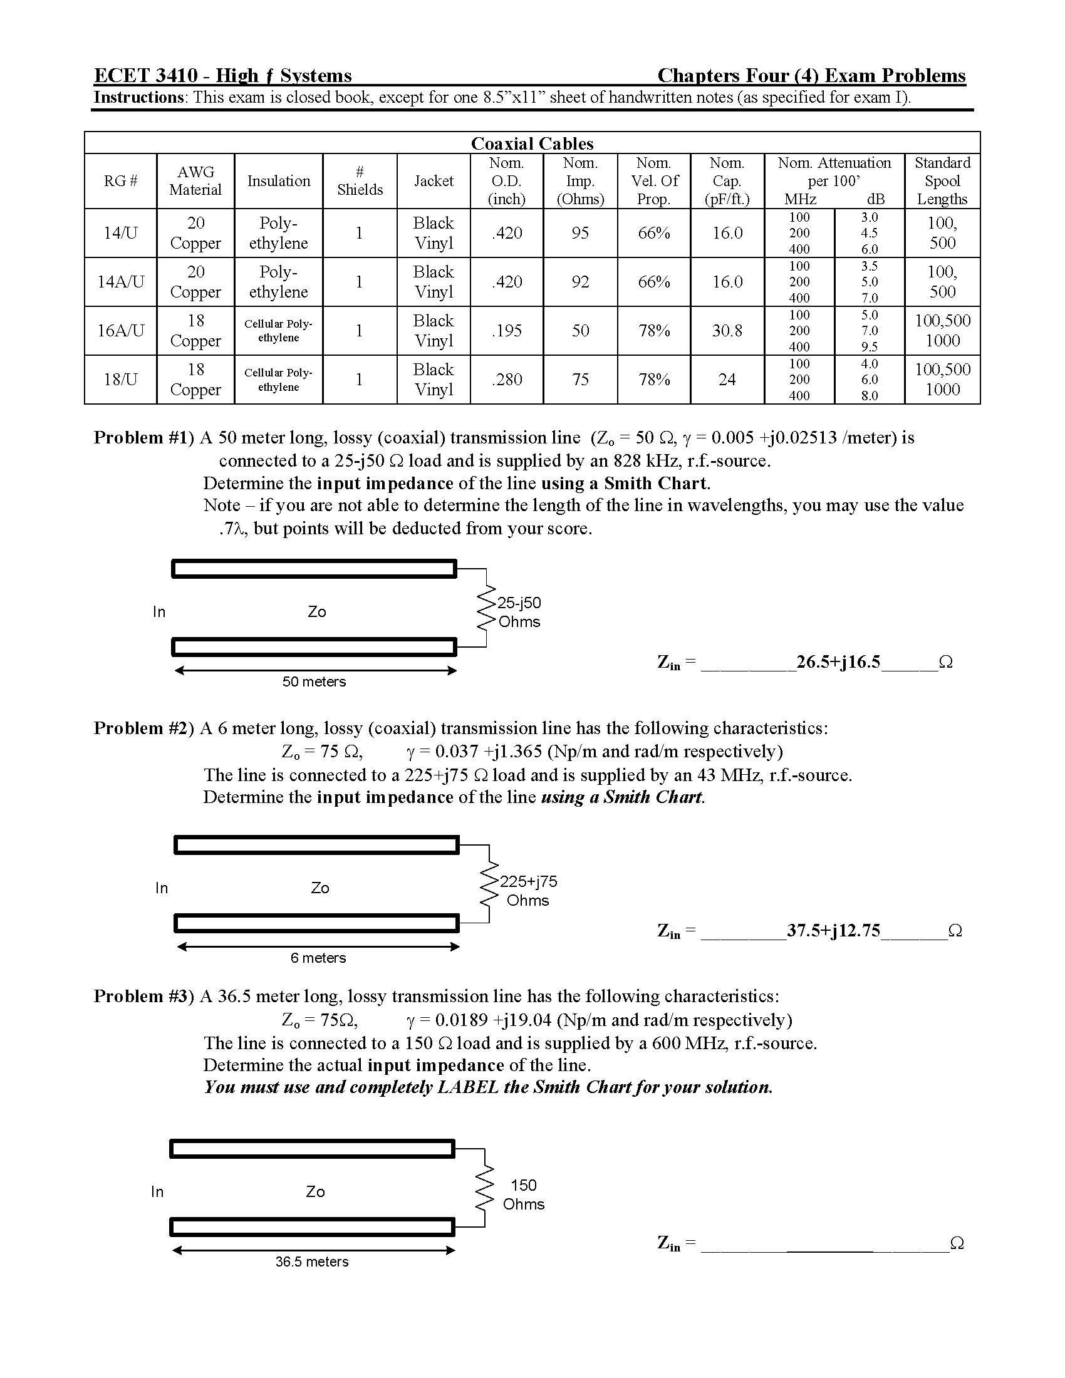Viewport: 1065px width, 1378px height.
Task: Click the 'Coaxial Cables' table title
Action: coord(532,143)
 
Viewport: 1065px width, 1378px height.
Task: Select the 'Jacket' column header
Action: coord(434,181)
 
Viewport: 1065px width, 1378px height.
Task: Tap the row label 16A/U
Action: coord(120,331)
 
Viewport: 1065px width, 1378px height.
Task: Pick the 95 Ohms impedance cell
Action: coord(580,233)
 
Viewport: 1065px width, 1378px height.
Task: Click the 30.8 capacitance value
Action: coord(727,331)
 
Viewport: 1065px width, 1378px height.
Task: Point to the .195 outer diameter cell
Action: coord(507,331)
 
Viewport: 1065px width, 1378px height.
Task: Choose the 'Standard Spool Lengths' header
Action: coord(942,181)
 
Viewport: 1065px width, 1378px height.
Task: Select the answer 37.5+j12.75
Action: coord(833,931)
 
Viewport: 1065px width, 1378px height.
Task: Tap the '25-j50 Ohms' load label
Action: coord(519,612)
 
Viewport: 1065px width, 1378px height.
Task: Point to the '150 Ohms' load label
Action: coord(523,1194)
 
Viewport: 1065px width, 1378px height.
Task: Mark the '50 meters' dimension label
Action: coord(314,681)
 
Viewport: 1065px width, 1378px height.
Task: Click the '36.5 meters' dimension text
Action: coord(312,1261)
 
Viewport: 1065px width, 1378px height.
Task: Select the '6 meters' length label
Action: coord(318,958)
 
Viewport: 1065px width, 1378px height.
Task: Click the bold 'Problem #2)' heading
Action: coord(144,728)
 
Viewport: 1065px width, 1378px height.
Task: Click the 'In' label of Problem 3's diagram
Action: coord(157,1191)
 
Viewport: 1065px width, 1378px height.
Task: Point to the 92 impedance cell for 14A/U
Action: coord(580,282)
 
